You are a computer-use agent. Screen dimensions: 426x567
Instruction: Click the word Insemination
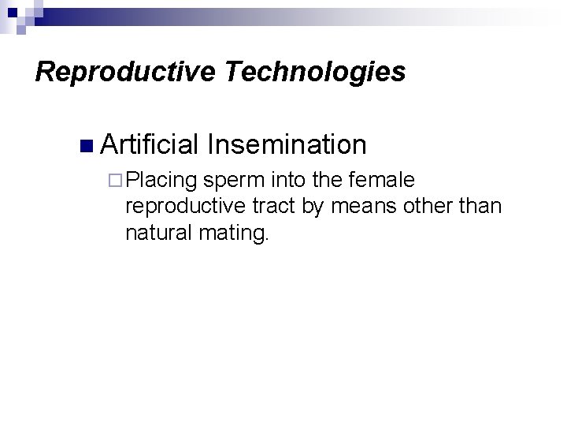pyautogui.click(x=287, y=144)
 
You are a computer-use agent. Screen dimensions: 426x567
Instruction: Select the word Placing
pyautogui.click(x=161, y=181)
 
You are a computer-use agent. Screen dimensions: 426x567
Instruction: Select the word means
pyautogui.click(x=359, y=207)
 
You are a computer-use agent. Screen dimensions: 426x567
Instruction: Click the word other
pyautogui.click(x=426, y=207)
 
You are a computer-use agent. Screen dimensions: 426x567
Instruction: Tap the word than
pyautogui.click(x=480, y=207)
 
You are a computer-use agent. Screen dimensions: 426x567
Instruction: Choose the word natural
pyautogui.click(x=155, y=233)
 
